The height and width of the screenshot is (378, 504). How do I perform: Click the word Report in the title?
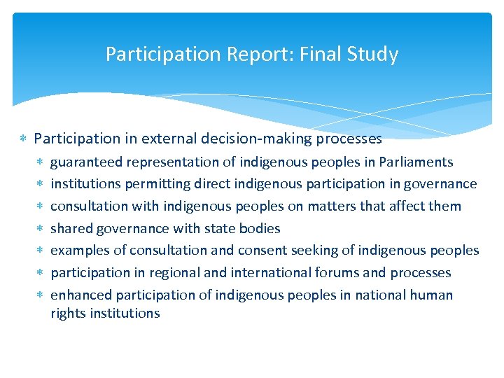[232, 55]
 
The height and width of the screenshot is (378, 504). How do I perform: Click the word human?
[433, 295]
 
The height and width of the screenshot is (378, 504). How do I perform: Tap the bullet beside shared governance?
[41, 228]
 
